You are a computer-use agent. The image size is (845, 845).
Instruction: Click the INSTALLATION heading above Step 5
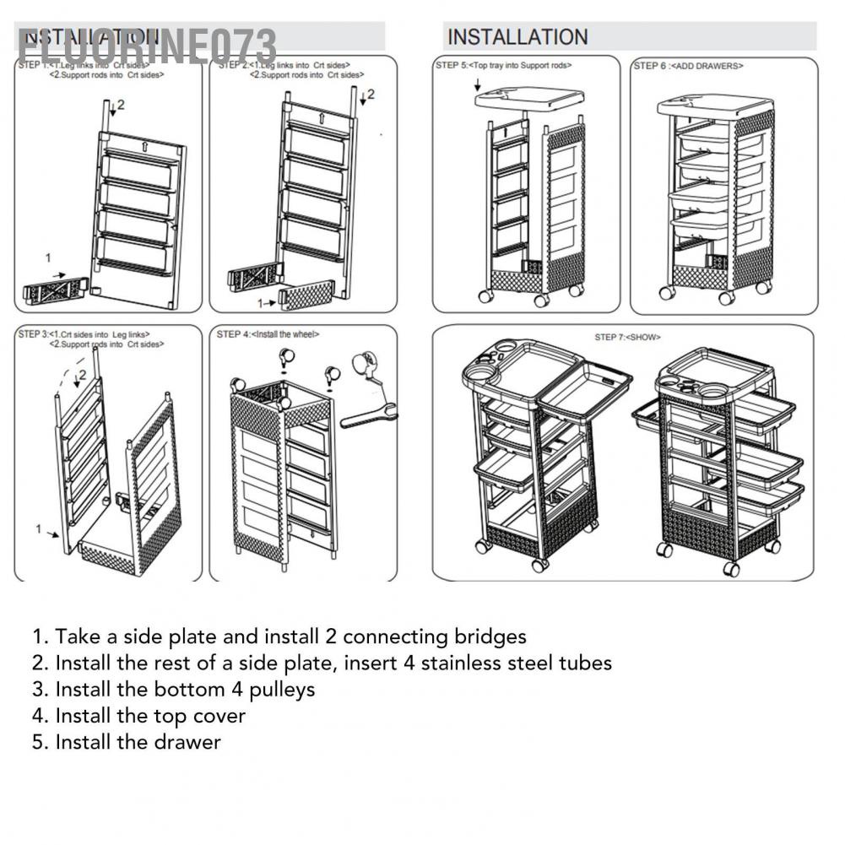pos(517,37)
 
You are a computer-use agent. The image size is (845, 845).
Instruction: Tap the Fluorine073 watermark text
pos(148,45)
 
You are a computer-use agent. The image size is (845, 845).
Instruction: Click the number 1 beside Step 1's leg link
pos(48,257)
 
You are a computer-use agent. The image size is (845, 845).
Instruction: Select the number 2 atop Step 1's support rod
pos(120,105)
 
